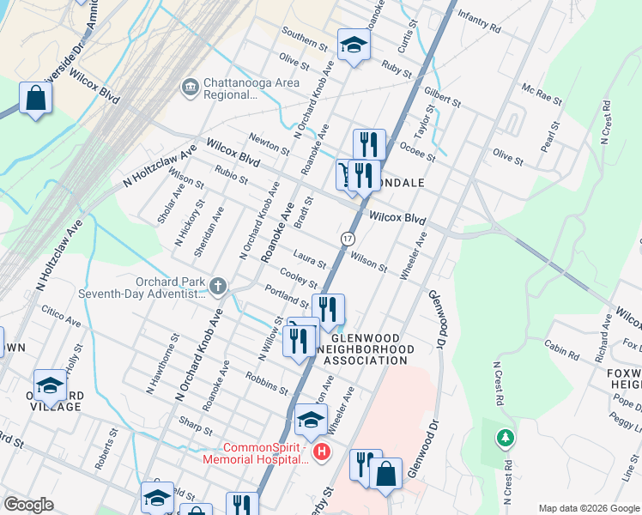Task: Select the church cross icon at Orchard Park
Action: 218,286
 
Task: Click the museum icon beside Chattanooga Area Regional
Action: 190,86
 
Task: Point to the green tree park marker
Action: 506,439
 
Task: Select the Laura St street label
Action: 309,257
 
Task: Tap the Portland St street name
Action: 286,296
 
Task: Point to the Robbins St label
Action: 266,383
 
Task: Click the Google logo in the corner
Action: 28,505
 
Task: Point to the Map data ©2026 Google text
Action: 589,508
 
